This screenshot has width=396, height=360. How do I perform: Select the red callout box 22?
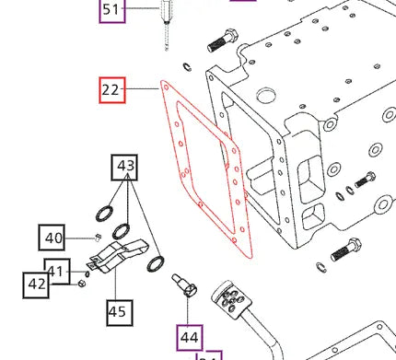(112, 90)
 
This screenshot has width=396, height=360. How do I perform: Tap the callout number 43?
(125, 168)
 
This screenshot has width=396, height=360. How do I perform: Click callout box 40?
(53, 238)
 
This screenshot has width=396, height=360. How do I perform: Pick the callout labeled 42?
(37, 284)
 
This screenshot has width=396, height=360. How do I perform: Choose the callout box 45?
(116, 311)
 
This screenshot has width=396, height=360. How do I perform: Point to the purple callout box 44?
(189, 337)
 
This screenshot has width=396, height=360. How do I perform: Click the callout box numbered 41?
(58, 271)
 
